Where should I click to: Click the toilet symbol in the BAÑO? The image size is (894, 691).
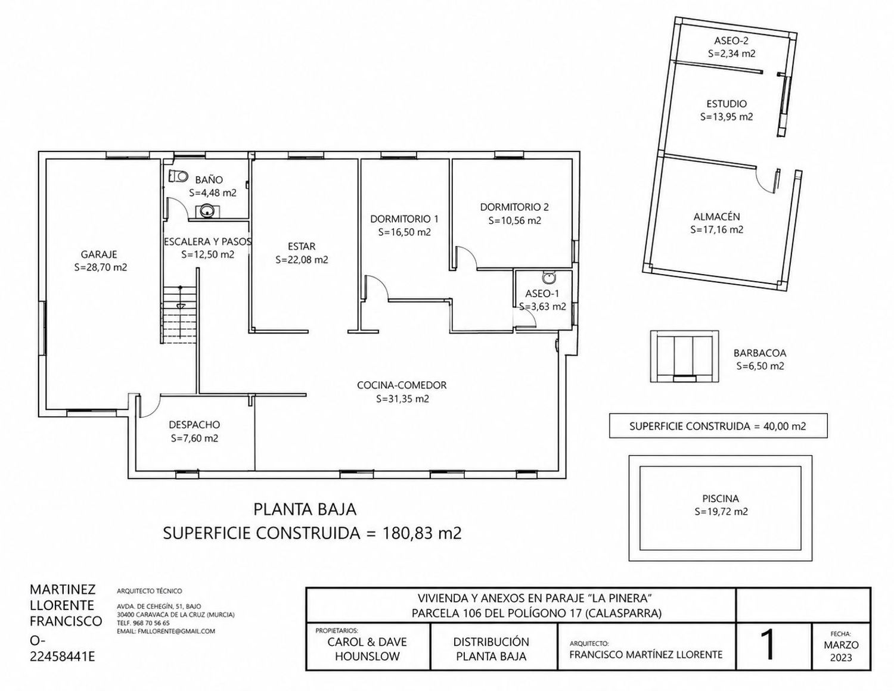(x=178, y=176)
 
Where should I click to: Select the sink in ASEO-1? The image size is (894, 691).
(x=548, y=278)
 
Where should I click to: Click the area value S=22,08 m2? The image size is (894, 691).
(x=302, y=260)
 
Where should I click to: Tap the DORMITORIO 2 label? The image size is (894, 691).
(x=514, y=207)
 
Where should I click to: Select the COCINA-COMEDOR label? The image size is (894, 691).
(x=402, y=385)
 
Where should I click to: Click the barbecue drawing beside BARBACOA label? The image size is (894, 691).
(x=684, y=356)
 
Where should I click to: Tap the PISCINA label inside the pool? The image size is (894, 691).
(x=721, y=499)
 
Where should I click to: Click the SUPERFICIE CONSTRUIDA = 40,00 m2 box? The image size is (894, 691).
(x=718, y=426)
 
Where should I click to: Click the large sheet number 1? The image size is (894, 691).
(x=767, y=646)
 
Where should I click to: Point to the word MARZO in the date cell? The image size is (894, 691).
(x=841, y=645)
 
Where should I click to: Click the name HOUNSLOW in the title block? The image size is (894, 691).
(x=367, y=656)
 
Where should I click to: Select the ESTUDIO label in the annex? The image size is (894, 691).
(x=727, y=104)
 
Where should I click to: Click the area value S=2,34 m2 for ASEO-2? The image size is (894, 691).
(x=731, y=54)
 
